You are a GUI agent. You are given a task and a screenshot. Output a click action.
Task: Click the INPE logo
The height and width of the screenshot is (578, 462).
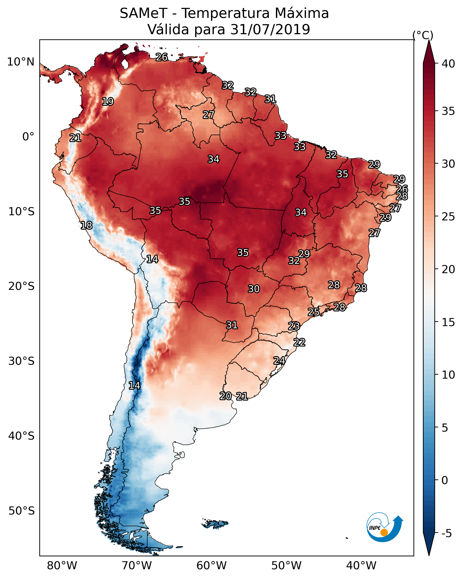(384, 528)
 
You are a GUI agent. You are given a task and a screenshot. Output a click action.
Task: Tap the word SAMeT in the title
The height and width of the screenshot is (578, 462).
(143, 13)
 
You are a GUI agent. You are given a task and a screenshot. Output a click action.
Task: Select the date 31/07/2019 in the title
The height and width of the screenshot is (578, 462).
(270, 30)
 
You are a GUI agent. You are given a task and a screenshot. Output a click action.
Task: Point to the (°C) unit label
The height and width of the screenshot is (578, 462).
(423, 35)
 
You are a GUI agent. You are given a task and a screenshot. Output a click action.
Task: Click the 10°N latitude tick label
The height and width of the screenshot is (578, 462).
(21, 62)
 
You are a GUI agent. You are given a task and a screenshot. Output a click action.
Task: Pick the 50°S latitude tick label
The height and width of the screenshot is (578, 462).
(21, 511)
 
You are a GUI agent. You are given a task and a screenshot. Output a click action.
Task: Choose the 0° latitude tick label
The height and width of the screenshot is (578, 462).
(28, 137)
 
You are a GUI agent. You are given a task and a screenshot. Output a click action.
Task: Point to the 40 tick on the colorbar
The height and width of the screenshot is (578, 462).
(448, 64)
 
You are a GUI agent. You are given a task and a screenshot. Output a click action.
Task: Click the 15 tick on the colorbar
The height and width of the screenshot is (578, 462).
(448, 323)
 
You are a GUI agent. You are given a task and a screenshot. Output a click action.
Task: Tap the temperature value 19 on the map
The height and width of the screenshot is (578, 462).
(108, 102)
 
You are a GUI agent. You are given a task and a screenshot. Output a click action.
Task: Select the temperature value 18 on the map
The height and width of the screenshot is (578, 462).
(86, 226)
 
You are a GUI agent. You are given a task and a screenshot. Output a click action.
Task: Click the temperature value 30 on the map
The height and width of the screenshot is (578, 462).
(254, 289)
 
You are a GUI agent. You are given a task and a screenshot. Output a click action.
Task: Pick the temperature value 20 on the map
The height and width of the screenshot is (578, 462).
(226, 396)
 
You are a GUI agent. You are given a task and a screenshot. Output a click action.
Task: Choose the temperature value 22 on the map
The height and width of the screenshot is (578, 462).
(299, 342)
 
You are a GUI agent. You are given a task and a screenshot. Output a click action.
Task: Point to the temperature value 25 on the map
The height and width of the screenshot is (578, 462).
(313, 312)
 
